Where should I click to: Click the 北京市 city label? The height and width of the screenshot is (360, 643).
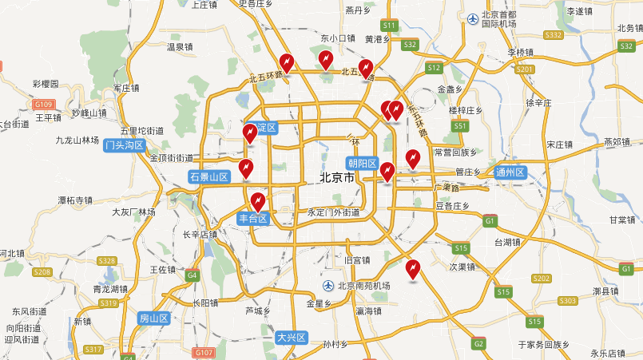click(x=335, y=178)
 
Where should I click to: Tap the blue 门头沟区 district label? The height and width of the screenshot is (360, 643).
click(x=125, y=145)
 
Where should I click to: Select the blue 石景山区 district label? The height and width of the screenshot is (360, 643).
click(x=209, y=177)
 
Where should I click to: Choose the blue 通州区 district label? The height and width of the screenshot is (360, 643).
click(x=510, y=172)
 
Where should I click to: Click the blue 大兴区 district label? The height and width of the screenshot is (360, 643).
click(x=292, y=338)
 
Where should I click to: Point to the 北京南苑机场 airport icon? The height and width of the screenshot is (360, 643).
click(x=327, y=286)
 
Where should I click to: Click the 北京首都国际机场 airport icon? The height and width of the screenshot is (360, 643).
click(x=473, y=18)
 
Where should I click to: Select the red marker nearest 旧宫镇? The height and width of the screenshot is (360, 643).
click(x=412, y=269)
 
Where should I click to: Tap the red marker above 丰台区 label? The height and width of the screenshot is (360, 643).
click(x=257, y=201)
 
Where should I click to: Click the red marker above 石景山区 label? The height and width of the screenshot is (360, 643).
click(x=247, y=168)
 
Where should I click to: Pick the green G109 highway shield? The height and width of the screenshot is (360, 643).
click(x=43, y=104)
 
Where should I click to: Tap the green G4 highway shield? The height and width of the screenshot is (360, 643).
click(x=192, y=275)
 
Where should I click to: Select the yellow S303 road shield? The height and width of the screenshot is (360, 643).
click(x=568, y=301)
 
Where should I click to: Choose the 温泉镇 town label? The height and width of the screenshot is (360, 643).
click(x=180, y=47)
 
